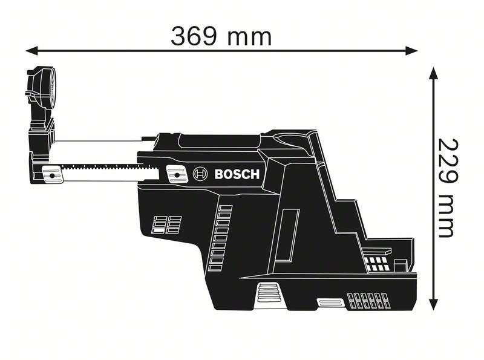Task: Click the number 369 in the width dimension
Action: [x=194, y=36]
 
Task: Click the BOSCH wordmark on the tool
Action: [x=237, y=175]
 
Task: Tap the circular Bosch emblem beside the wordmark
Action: [x=200, y=175]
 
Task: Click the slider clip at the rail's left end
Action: [x=53, y=175]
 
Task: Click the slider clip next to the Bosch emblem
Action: [x=176, y=175]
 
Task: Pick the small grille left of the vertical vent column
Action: [x=166, y=224]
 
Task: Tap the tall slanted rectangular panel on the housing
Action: [x=289, y=232]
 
